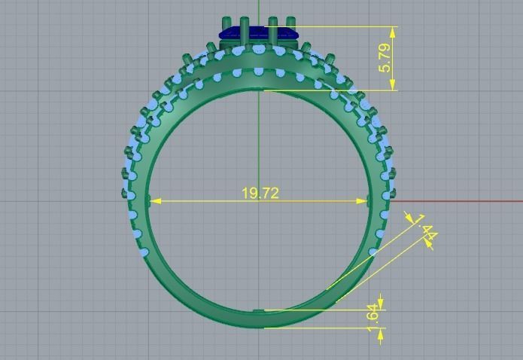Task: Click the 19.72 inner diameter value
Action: (x=260, y=194)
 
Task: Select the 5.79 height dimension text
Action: (x=385, y=59)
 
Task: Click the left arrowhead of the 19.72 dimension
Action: (x=155, y=201)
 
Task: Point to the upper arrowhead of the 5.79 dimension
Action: (x=394, y=31)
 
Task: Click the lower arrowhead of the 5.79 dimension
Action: (x=394, y=86)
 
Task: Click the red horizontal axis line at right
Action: (x=467, y=201)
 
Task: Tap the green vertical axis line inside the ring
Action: (x=258, y=151)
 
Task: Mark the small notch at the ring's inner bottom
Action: (x=259, y=310)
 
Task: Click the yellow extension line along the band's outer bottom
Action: (x=324, y=328)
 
